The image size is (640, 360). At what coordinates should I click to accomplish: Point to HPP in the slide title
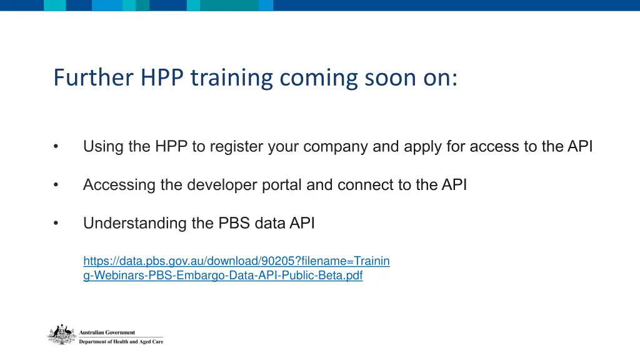tap(162, 78)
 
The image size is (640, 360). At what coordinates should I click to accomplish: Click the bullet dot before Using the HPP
tap(56, 147)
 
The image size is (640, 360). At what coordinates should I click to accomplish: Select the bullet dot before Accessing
tap(56, 185)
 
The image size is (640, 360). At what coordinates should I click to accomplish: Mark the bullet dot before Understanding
tap(56, 223)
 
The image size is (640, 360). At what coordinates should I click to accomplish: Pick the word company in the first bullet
tap(341, 147)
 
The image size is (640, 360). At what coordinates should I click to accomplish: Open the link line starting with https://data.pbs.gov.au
tap(236, 261)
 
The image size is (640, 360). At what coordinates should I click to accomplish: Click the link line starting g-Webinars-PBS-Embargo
tap(222, 275)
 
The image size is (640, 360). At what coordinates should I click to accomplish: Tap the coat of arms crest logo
tap(62, 335)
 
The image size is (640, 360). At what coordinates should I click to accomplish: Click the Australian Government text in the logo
tap(107, 332)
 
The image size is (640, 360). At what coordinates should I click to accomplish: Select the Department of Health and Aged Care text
tap(121, 342)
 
